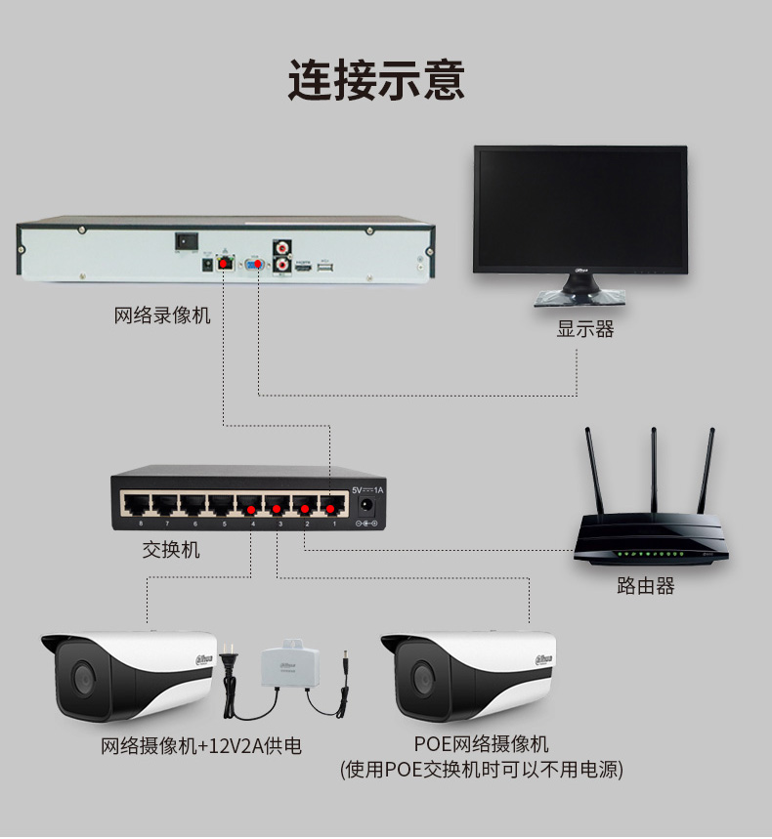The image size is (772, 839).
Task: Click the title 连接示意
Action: pos(376,80)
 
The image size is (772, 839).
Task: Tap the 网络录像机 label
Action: pos(161,315)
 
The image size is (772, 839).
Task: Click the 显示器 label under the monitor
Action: pos(585,329)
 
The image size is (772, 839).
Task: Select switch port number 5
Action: pos(223,505)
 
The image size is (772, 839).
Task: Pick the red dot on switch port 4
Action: pos(251,509)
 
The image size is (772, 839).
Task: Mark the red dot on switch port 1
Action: pos(334,509)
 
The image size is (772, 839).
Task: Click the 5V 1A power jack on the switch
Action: pos(368,506)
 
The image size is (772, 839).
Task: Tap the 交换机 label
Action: pos(171,550)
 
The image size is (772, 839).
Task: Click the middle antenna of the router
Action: pos(652,469)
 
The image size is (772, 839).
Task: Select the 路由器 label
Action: pos(646,586)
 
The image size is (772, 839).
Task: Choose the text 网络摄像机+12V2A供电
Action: pos(201,747)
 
